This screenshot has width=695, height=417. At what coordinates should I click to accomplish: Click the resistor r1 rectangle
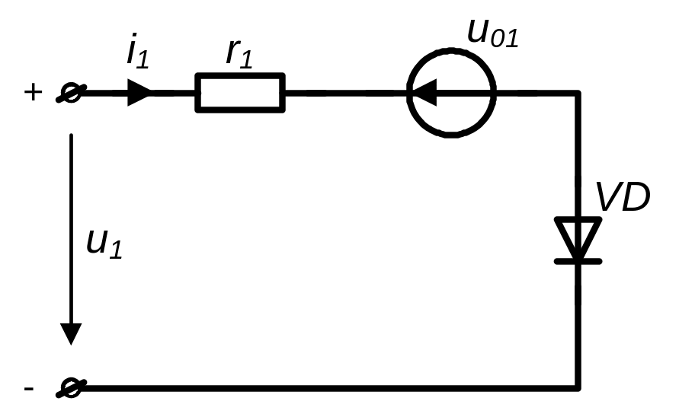[240, 74]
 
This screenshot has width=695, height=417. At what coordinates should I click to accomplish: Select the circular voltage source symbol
[451, 49]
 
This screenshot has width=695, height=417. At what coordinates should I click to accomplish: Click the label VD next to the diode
[623, 196]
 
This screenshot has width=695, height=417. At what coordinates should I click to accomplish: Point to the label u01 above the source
[493, 33]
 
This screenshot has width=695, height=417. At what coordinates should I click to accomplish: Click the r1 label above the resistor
[239, 54]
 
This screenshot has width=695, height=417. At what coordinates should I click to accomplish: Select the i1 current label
[138, 50]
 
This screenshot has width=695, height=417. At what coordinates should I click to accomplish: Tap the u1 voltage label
[104, 244]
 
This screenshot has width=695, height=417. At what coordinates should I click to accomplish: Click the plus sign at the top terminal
[34, 93]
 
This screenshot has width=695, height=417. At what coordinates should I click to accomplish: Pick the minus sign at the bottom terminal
[29, 389]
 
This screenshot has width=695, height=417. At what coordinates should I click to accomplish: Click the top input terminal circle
[71, 93]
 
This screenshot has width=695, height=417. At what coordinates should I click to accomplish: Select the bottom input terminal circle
[71, 388]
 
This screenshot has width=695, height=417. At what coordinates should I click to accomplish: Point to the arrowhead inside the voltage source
[424, 93]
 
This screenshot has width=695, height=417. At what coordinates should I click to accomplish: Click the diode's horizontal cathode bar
[578, 262]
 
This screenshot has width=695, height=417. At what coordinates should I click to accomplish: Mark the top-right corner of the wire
[578, 93]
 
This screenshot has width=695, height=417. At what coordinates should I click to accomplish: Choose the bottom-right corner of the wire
[578, 388]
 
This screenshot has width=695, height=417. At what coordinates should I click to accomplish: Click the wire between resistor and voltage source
[346, 93]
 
